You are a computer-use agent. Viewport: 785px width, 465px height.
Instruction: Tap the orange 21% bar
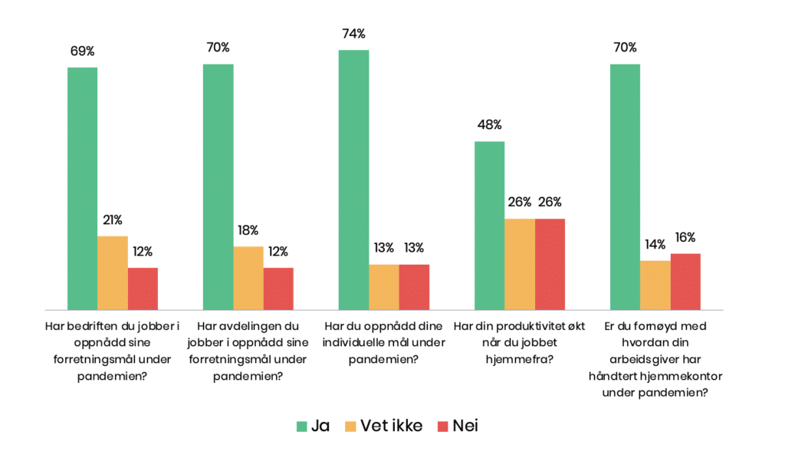tap(113, 273)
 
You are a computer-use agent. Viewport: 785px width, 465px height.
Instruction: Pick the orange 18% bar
tap(248, 278)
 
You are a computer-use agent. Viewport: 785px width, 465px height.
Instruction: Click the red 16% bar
tap(685, 282)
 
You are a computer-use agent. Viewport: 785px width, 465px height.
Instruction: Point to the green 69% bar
tap(82, 189)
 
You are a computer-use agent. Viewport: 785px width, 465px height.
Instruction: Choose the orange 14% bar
tap(655, 285)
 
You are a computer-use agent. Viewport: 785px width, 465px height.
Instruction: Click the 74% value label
tap(354, 34)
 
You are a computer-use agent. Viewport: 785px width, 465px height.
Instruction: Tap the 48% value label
tap(489, 124)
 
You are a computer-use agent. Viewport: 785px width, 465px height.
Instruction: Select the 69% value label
tap(82, 51)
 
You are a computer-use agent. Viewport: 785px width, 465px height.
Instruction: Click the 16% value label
tap(686, 237)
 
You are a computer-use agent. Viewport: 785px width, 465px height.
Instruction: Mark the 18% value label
tap(248, 230)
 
